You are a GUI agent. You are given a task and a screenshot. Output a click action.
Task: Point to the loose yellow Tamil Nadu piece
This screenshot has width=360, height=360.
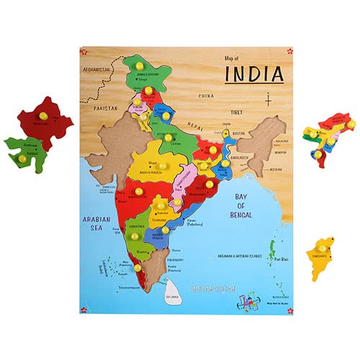coord(321,253)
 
